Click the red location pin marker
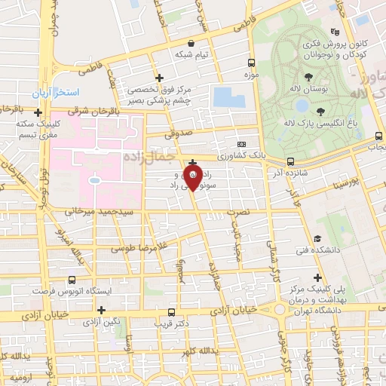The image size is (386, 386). point(193,178)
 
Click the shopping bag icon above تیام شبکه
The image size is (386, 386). point(200,43)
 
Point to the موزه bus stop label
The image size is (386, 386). point(251,75)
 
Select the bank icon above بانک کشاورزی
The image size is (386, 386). point(241,144)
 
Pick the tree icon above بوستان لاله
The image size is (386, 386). point(308,77)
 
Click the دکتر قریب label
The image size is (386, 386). point(170,323)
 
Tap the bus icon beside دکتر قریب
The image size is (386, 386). point(169,312)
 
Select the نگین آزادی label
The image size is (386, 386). point(103,322)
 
